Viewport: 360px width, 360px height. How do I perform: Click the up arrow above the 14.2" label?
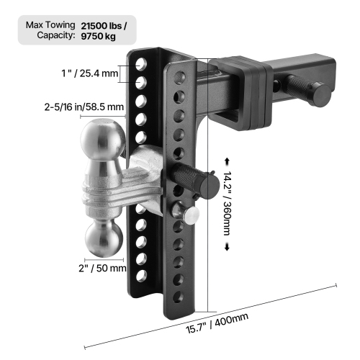pos(228,161)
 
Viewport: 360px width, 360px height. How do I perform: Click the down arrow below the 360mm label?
pos(228,247)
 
